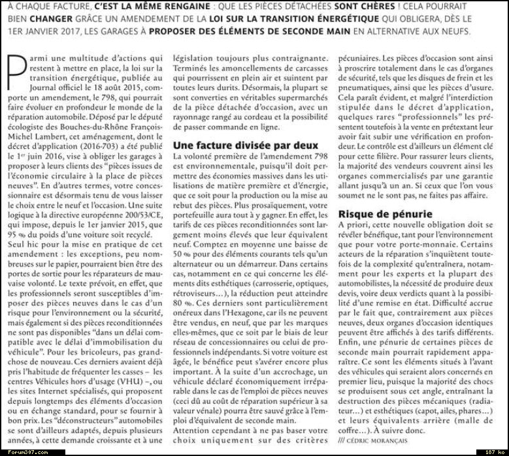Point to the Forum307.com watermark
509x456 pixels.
pyautogui.click(x=20, y=450)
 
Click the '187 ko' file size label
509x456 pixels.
pyautogui.click(x=493, y=450)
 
